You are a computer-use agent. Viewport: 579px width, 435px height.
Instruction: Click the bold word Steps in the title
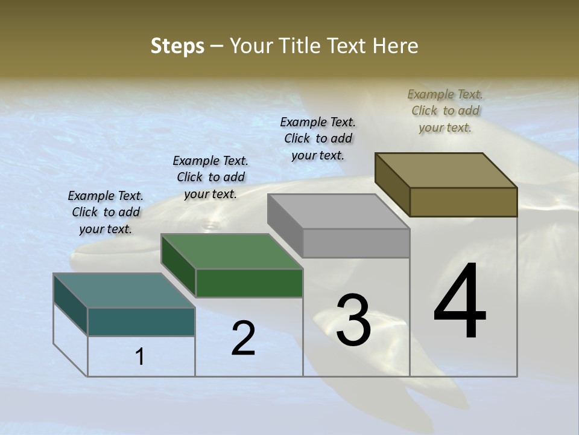(x=177, y=46)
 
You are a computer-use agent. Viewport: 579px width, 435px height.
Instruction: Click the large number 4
(x=460, y=301)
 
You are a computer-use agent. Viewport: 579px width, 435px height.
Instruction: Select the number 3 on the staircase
(x=353, y=320)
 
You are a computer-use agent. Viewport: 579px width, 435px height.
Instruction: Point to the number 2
(x=243, y=338)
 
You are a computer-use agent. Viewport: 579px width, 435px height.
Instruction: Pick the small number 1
(x=140, y=357)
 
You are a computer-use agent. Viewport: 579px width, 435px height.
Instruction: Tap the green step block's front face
(x=249, y=283)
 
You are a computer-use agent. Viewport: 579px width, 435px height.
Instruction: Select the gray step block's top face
(x=338, y=211)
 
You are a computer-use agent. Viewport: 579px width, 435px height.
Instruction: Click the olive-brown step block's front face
(x=463, y=202)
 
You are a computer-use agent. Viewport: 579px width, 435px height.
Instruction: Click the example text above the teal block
(x=106, y=212)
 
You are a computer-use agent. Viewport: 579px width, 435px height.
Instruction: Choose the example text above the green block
(x=210, y=177)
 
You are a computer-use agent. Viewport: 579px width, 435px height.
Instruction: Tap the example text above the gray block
(x=318, y=138)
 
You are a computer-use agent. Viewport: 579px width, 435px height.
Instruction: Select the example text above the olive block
(x=445, y=111)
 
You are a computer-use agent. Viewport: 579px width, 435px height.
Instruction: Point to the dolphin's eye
(x=210, y=227)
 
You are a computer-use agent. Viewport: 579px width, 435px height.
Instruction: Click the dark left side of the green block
(x=179, y=265)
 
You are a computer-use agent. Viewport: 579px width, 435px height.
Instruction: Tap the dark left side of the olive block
(x=393, y=185)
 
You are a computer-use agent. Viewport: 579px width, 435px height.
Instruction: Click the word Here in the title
(x=397, y=46)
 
